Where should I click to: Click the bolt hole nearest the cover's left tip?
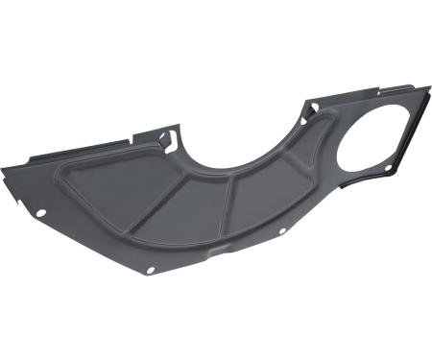(41, 212)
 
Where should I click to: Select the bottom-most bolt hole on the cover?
(150, 270)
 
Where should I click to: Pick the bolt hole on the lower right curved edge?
(284, 231)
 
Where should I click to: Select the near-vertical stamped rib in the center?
(228, 207)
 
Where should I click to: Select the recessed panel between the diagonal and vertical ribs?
(187, 217)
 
